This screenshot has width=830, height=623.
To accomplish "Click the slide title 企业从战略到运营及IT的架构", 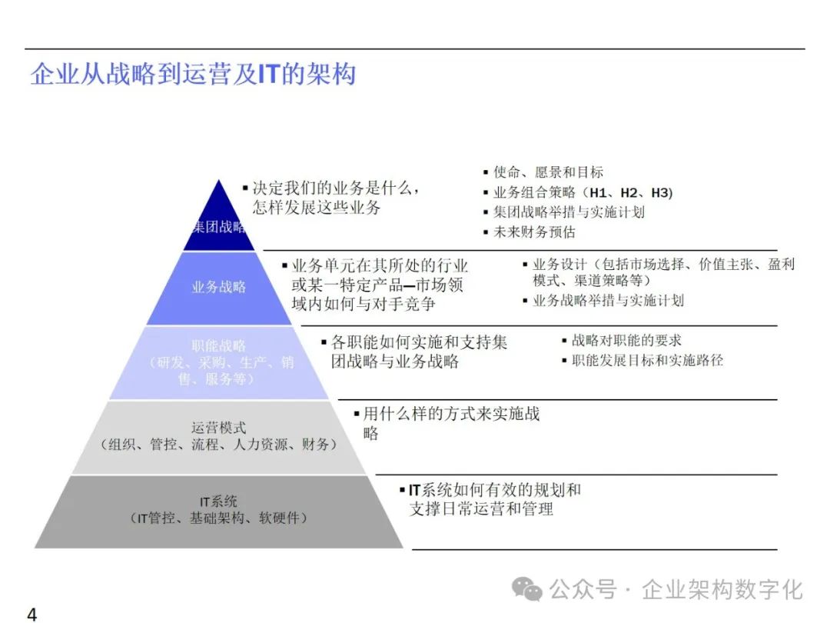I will [193, 75].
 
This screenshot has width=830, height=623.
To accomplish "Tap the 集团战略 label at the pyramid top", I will [219, 227].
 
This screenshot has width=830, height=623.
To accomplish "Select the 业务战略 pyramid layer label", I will [219, 287].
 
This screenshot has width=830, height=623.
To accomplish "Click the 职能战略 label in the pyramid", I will [219, 346].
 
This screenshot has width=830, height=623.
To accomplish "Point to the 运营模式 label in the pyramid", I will [219, 428].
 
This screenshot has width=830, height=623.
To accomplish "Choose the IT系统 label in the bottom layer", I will [219, 501].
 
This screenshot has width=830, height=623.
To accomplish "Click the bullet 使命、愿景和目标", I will [548, 172].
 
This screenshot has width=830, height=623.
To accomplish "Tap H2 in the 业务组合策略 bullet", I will [629, 192].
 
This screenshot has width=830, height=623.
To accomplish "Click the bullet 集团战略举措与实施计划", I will [569, 212].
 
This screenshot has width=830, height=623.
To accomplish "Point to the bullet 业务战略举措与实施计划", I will [608, 301].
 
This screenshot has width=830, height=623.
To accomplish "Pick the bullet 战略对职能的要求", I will [626, 341].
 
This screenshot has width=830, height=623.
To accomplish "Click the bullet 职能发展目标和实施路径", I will [647, 360].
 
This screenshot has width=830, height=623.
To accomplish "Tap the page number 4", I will [32, 614].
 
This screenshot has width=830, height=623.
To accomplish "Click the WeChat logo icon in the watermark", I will [527, 590].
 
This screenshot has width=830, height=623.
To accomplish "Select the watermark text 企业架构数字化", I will [722, 590].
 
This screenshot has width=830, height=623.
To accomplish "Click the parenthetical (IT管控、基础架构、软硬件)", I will [219, 518].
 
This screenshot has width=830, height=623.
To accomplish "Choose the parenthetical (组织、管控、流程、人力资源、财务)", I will [219, 445].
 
